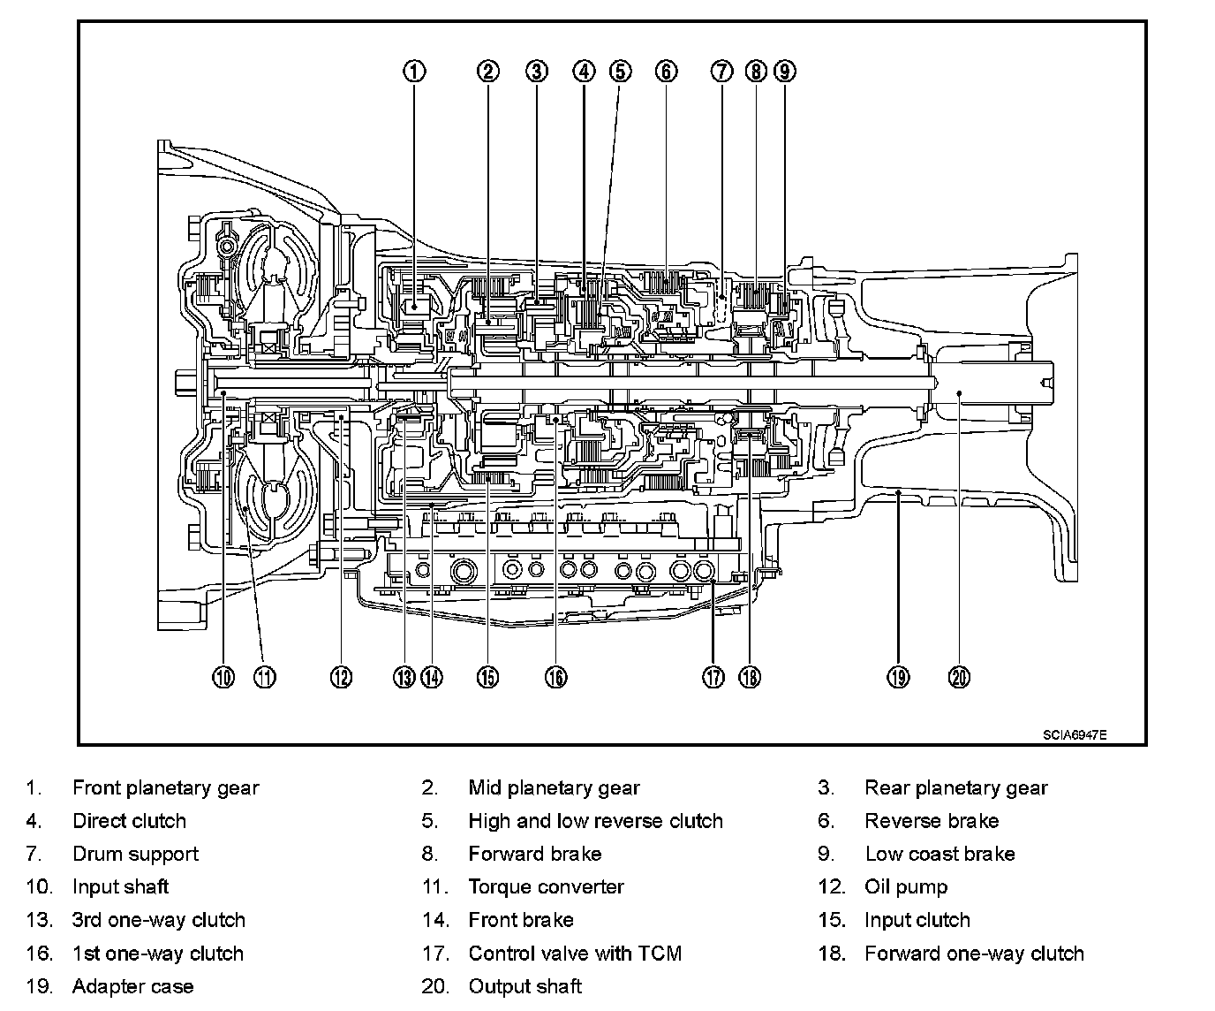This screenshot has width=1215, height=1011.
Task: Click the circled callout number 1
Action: pyautogui.click(x=415, y=71)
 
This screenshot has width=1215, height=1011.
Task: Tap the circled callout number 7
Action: pyautogui.click(x=722, y=71)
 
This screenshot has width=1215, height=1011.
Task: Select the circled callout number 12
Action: pyautogui.click(x=341, y=677)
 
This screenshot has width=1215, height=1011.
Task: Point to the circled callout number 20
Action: pyautogui.click(x=959, y=677)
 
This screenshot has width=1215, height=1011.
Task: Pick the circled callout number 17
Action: pyautogui.click(x=713, y=677)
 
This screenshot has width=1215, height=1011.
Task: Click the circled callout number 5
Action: pyautogui.click(x=621, y=71)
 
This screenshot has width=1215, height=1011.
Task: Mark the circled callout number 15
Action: pyautogui.click(x=487, y=677)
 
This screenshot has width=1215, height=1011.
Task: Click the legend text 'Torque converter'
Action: pyautogui.click(x=546, y=886)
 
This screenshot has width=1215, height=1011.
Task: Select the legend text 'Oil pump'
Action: pyautogui.click(x=906, y=886)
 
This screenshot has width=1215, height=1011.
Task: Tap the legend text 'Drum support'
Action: pyautogui.click(x=135, y=854)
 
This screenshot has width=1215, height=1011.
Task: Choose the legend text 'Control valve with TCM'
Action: pyautogui.click(x=575, y=953)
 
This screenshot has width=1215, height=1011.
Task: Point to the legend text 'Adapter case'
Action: pyautogui.click(x=132, y=986)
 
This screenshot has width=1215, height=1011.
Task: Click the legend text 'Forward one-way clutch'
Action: pyautogui.click(x=974, y=953)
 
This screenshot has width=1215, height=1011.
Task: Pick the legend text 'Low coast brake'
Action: pyautogui.click(x=940, y=854)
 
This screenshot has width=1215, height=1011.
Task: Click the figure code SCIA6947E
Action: pyautogui.click(x=1074, y=734)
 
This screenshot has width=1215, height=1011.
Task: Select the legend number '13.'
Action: pyautogui.click(x=40, y=920)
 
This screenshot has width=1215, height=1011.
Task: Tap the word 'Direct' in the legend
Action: pyautogui.click(x=100, y=821)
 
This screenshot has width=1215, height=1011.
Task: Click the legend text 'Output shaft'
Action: pyautogui.click(x=524, y=986)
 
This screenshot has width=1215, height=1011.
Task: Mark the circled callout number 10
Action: pyautogui.click(x=224, y=677)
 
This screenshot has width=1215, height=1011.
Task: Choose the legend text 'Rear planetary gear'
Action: pyautogui.click(x=956, y=787)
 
